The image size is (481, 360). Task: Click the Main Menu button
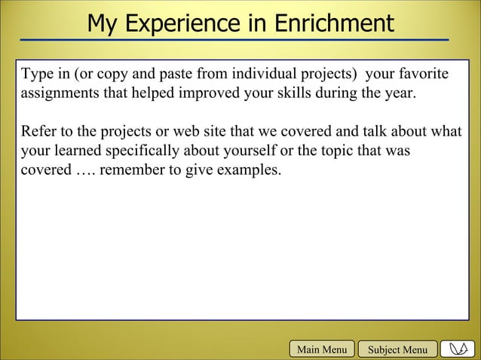coord(322,349)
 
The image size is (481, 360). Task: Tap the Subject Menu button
coord(397,349)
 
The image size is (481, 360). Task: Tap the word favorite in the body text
coord(423,75)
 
